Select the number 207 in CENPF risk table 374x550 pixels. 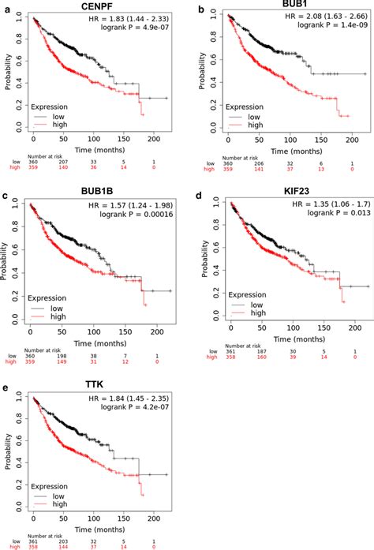tap(65, 162)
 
